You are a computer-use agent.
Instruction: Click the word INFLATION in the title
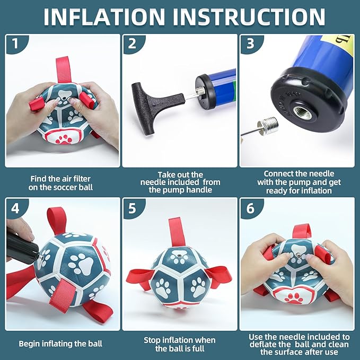coord(104,17)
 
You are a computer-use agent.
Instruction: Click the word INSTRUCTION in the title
coord(249,17)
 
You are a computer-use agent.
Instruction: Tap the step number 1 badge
coord(15,43)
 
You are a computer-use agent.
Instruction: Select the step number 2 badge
coord(133,43)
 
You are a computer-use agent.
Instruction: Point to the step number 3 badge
coord(250,43)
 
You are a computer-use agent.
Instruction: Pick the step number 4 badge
coord(15,208)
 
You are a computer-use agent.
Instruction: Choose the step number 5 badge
coord(133,208)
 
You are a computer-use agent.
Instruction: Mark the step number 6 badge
coord(250,208)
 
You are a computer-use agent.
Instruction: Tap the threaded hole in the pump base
coord(303,112)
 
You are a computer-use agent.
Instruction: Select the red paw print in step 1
coord(64,139)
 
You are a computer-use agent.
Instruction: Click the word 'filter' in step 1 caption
coord(81,179)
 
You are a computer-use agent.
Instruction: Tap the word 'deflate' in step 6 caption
coord(263,344)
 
